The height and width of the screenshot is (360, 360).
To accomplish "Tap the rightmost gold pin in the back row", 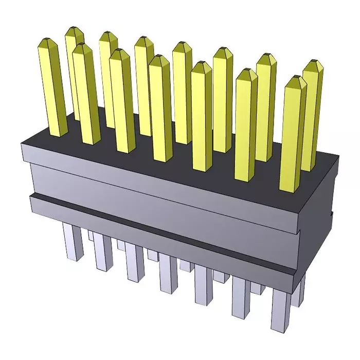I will pyautogui.click(x=312, y=103).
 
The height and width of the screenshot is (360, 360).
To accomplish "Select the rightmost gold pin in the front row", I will pyautogui.click(x=293, y=134).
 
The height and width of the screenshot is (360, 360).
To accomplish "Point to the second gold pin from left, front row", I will pyautogui.click(x=85, y=93).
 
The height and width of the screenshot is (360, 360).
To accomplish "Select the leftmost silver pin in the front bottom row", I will pyautogui.click(x=71, y=242).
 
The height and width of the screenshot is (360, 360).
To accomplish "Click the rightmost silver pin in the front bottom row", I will pyautogui.click(x=280, y=309).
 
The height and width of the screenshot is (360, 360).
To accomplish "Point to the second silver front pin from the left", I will pyautogui.click(x=103, y=252).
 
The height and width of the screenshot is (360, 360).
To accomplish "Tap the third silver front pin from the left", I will pyautogui.click(x=135, y=262).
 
